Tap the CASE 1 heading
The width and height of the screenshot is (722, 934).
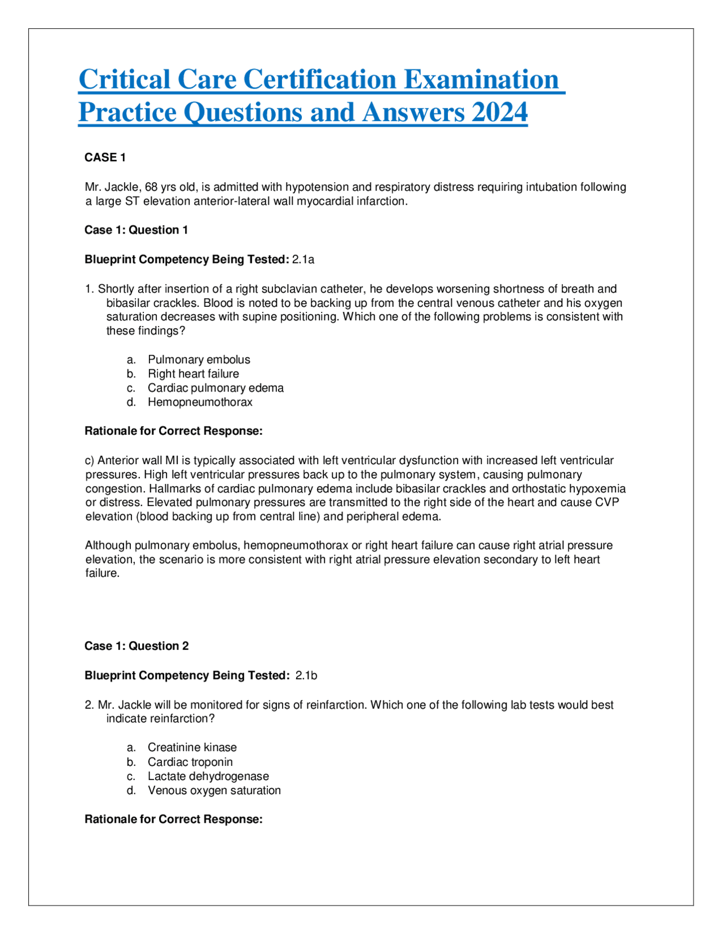point(105,157)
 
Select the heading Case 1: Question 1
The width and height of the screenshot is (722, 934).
point(136,230)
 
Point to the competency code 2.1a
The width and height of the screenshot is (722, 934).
point(303,259)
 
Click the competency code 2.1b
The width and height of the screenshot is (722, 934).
point(306,676)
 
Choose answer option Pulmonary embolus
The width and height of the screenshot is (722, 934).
point(199,360)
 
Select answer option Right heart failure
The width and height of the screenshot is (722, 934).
point(193,374)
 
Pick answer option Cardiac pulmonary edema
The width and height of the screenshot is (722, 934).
point(215,388)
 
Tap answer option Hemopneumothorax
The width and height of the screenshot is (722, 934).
point(200,402)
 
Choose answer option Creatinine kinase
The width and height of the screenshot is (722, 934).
point(192,747)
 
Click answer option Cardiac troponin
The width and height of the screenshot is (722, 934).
point(190,762)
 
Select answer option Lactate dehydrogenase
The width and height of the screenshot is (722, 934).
point(208,776)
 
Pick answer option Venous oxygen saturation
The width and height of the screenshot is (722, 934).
point(214,791)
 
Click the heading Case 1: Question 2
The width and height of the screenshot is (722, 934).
point(137,646)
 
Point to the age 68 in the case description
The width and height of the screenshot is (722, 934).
point(151,187)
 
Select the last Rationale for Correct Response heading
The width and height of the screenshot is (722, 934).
point(173,820)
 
